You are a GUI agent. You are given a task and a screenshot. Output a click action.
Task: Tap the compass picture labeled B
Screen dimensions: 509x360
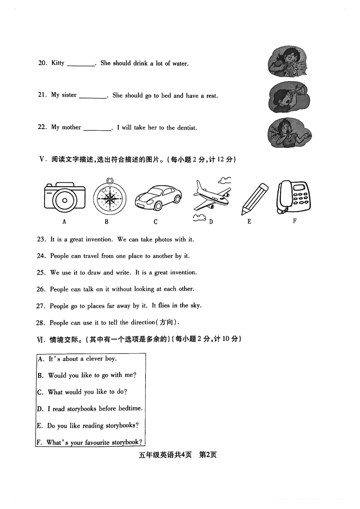(x=110, y=198)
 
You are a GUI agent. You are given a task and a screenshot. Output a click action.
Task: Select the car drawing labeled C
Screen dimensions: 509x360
(x=158, y=197)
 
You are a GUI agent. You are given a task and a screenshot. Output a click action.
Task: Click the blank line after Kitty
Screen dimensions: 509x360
(x=81, y=64)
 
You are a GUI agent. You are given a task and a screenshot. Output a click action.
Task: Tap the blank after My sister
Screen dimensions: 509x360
(x=93, y=96)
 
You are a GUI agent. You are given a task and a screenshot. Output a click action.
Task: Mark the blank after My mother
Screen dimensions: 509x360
(x=97, y=128)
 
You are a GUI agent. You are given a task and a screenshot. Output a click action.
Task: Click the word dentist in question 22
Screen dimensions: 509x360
(x=187, y=128)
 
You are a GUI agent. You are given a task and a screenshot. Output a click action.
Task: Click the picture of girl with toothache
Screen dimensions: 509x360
(x=289, y=133)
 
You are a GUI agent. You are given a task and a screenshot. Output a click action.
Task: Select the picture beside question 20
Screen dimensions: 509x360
(x=287, y=61)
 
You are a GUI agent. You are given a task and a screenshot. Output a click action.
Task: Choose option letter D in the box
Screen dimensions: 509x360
(x=40, y=409)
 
